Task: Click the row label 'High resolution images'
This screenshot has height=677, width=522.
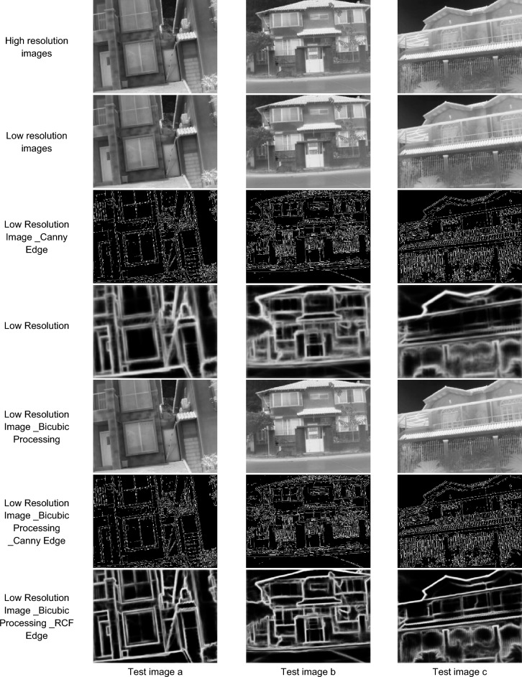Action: point(37,47)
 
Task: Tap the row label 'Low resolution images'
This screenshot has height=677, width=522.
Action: point(37,142)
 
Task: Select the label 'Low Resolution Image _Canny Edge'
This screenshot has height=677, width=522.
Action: point(37,237)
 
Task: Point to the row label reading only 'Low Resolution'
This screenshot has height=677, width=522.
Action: point(37,325)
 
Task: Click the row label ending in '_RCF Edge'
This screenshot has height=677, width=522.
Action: point(37,617)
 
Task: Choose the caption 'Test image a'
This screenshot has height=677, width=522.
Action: point(155,671)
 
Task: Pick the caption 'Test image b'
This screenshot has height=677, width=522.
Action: point(308,671)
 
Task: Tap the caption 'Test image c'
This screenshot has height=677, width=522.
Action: point(459,671)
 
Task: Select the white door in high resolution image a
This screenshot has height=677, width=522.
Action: point(105,69)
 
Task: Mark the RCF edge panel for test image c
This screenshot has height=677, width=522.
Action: point(459,616)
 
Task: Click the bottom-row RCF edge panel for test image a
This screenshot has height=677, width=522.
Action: point(155,616)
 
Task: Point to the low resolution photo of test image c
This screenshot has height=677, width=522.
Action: point(459,141)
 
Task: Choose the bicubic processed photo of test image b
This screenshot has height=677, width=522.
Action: point(308,426)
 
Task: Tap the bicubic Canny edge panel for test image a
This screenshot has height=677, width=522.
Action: point(155,521)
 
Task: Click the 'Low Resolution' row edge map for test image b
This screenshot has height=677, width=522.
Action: point(308,331)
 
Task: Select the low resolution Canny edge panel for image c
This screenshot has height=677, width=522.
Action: point(459,236)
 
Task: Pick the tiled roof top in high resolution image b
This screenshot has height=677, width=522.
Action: point(308,7)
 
